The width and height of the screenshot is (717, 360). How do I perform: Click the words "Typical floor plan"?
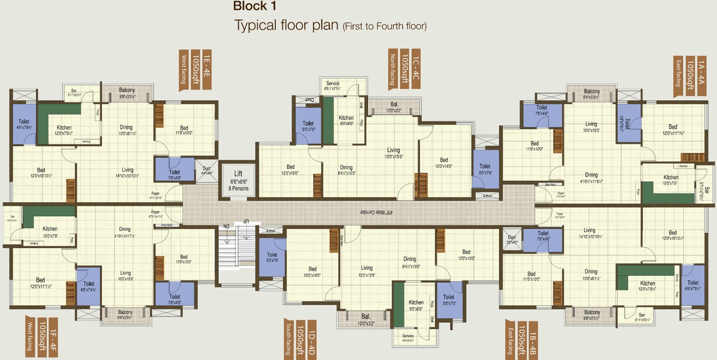pyautogui.click(x=286, y=25)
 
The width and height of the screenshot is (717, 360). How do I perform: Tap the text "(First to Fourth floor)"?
pyautogui.click(x=384, y=26)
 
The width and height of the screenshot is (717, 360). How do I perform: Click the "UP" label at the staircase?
pyautogui.click(x=246, y=221)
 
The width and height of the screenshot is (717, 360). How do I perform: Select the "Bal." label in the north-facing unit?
pyautogui.click(x=394, y=105)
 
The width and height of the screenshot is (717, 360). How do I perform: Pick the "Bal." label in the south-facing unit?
pyautogui.click(x=365, y=316)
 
